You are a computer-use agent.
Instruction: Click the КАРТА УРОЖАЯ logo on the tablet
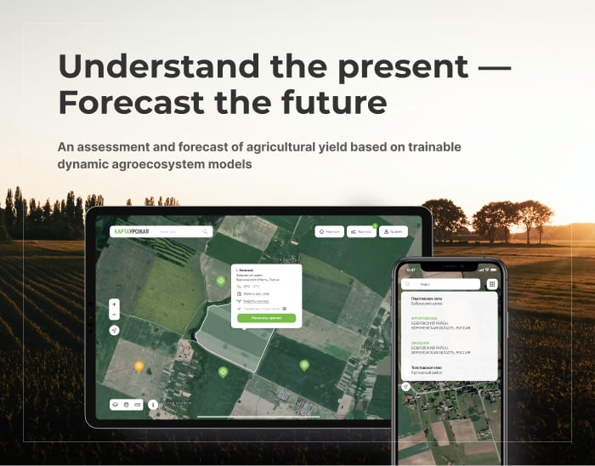click(x=131, y=231)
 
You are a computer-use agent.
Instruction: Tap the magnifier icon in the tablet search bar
click(x=205, y=231)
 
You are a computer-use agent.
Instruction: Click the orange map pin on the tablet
click(x=139, y=367)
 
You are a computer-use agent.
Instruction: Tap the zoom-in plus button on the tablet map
click(x=115, y=304)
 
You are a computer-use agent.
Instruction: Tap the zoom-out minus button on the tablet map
click(x=115, y=314)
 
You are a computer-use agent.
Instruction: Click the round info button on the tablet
click(x=153, y=405)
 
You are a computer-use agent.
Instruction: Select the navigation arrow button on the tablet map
click(x=115, y=330)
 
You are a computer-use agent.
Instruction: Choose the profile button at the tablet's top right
click(x=394, y=231)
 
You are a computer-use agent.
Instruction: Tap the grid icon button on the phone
click(x=492, y=284)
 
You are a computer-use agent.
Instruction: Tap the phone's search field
click(x=442, y=284)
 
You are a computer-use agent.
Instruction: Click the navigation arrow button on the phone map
click(x=406, y=386)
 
